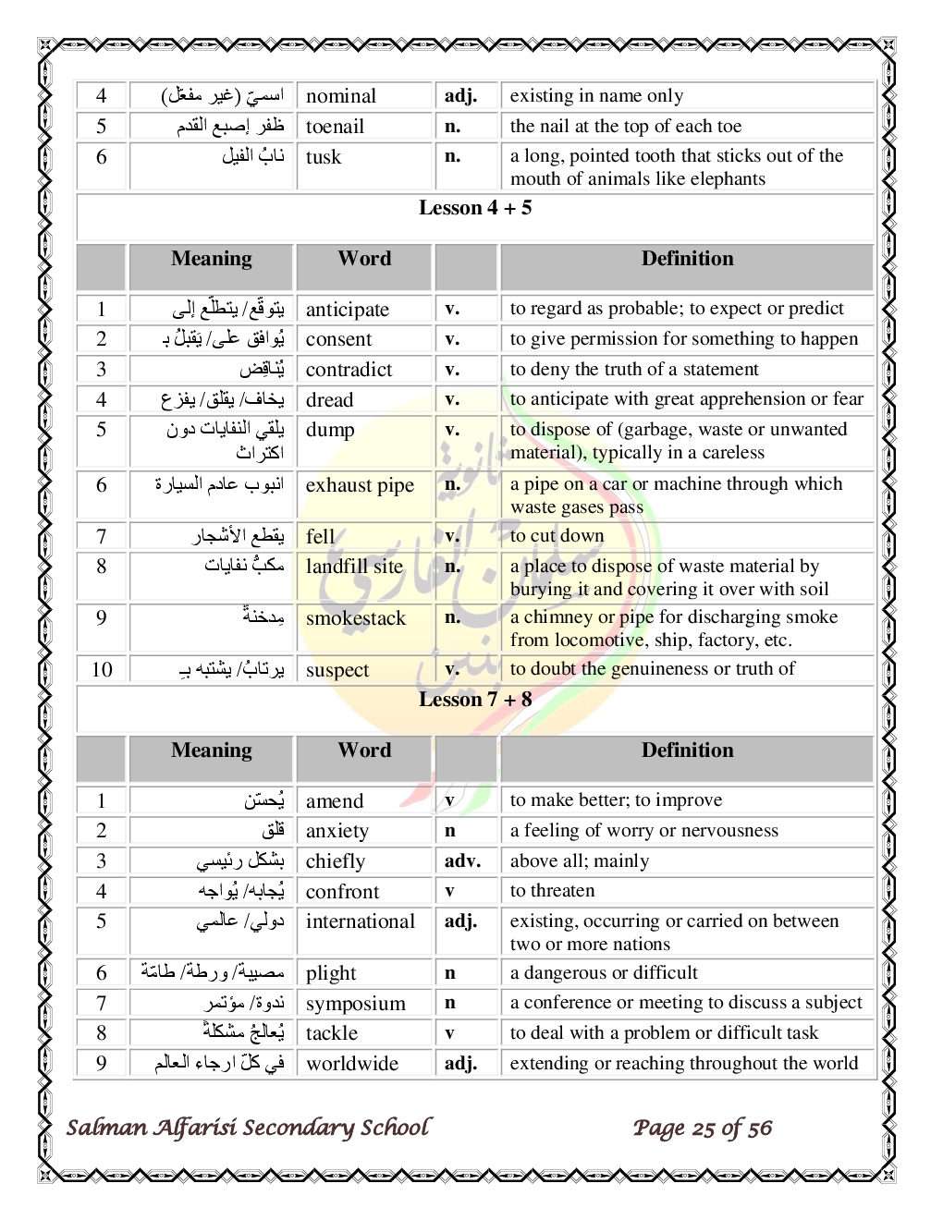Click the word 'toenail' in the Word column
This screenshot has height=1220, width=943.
(335, 127)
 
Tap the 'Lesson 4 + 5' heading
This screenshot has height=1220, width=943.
(475, 208)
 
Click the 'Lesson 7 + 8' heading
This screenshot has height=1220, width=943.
(475, 700)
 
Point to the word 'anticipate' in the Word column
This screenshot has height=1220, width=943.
(348, 310)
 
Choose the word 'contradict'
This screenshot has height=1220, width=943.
(349, 370)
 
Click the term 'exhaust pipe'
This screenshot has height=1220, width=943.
(360, 485)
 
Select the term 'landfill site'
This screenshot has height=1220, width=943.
(354, 567)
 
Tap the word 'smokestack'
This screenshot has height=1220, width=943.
(356, 618)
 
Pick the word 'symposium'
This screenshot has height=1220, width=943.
(356, 1004)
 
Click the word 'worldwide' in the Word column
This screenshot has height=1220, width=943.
(352, 1064)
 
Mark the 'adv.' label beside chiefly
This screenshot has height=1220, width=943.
(462, 861)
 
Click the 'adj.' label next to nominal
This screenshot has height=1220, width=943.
(460, 96)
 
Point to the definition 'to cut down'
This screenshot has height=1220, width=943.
(557, 536)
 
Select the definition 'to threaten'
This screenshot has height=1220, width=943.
(552, 891)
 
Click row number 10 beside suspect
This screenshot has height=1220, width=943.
(102, 670)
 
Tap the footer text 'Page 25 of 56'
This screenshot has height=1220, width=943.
(703, 1128)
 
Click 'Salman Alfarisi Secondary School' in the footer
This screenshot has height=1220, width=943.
(248, 1128)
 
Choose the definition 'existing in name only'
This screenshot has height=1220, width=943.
(596, 96)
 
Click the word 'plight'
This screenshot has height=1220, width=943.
(331, 973)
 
